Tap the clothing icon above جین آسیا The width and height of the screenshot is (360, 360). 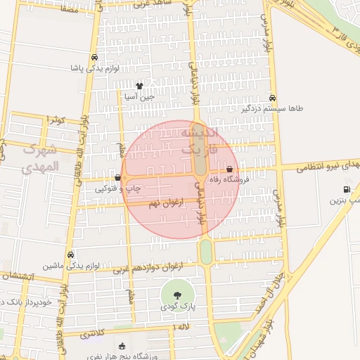click(x=139, y=86)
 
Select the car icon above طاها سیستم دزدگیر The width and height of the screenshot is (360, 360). click(x=272, y=98)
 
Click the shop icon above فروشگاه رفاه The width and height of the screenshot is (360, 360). click(x=230, y=169)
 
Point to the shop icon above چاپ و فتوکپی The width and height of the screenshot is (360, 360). click(x=117, y=178)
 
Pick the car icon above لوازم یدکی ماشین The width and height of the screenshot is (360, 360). click(x=70, y=255)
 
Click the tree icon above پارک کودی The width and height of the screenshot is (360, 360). click(x=176, y=295)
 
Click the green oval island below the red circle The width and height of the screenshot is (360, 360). click(x=205, y=251)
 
